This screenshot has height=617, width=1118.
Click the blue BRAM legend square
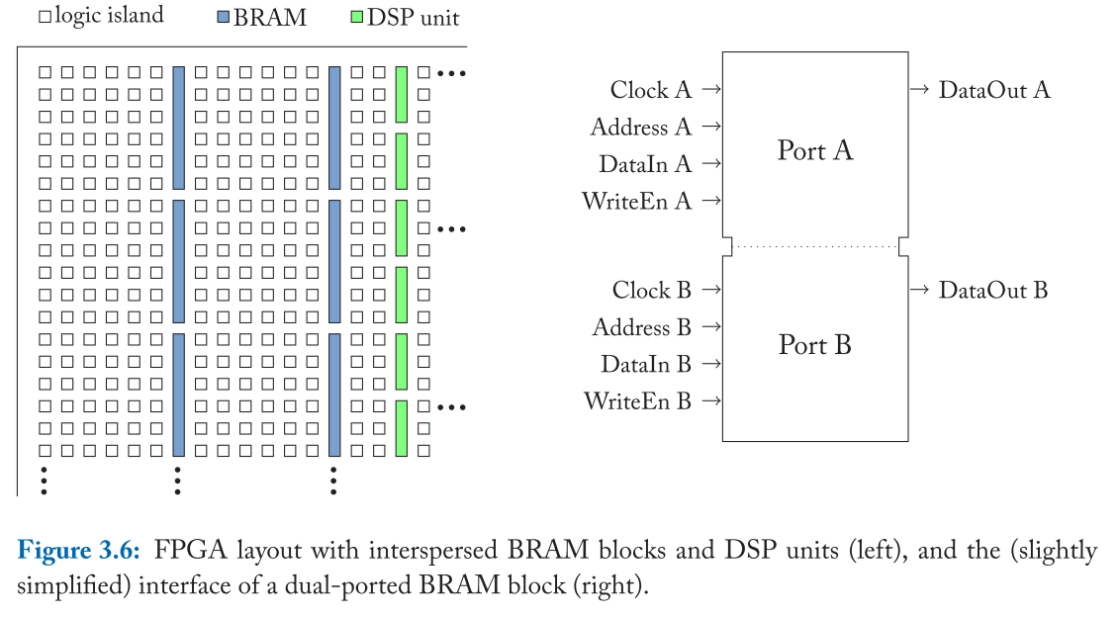pyautogui.click(x=223, y=18)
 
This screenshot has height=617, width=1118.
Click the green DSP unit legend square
pyautogui.click(x=356, y=18)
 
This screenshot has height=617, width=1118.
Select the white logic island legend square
pyautogui.click(x=45, y=18)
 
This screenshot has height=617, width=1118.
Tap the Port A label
pyautogui.click(x=814, y=150)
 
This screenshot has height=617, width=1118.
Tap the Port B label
pyautogui.click(x=814, y=345)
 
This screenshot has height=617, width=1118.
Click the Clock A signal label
pyautogui.click(x=650, y=90)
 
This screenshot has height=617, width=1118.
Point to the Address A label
pyautogui.click(x=640, y=128)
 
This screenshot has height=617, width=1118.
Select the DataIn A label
pyautogui.click(x=644, y=164)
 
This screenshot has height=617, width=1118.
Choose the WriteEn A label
pyautogui.click(x=636, y=202)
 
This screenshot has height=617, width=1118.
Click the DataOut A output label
pyautogui.click(x=993, y=90)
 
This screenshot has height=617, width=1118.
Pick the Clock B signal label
pyautogui.click(x=651, y=291)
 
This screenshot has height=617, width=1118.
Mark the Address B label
pyautogui.click(x=641, y=327)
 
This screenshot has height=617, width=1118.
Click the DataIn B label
pyautogui.click(x=645, y=365)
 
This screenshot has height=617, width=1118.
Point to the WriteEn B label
pyautogui.click(x=637, y=401)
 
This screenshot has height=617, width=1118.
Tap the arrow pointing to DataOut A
pyautogui.click(x=919, y=90)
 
